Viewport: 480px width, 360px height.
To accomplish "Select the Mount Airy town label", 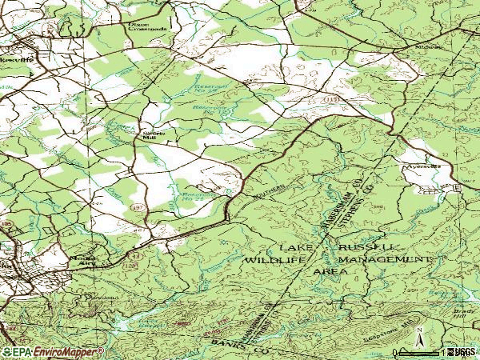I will pos(81,262).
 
